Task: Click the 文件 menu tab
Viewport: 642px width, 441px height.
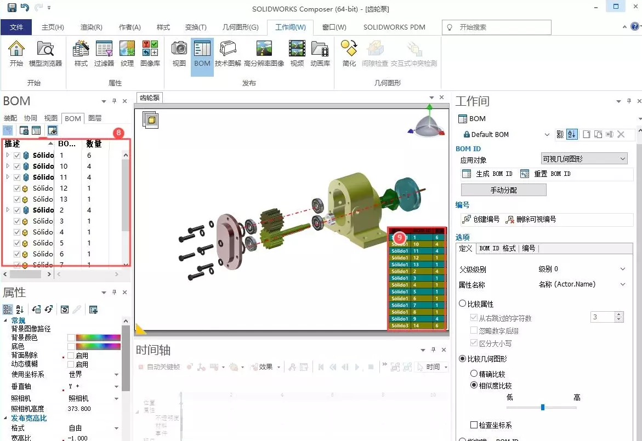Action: pyautogui.click(x=16, y=27)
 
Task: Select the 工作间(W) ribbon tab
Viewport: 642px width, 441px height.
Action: pyautogui.click(x=290, y=27)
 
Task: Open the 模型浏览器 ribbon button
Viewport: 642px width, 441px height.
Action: pyautogui.click(x=46, y=55)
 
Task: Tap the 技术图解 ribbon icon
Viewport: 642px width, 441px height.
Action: pyautogui.click(x=228, y=55)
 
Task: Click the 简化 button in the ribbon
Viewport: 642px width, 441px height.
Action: pyautogui.click(x=349, y=55)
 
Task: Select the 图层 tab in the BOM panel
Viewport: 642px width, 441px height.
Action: pyautogui.click(x=95, y=118)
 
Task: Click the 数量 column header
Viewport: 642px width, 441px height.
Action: pyautogui.click(x=94, y=144)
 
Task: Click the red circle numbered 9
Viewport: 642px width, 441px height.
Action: pyautogui.click(x=400, y=237)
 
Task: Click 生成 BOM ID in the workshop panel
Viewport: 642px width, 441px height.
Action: pyautogui.click(x=488, y=174)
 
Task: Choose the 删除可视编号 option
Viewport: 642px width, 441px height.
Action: pyautogui.click(x=531, y=219)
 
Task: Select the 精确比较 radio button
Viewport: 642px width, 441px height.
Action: pyautogui.click(x=474, y=374)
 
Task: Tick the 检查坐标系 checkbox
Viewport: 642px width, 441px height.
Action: pyautogui.click(x=474, y=425)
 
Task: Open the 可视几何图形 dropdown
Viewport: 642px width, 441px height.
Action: pyautogui.click(x=583, y=159)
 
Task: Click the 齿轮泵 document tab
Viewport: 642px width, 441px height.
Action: pyautogui.click(x=150, y=98)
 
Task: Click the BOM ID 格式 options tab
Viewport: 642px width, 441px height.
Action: pyautogui.click(x=497, y=249)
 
